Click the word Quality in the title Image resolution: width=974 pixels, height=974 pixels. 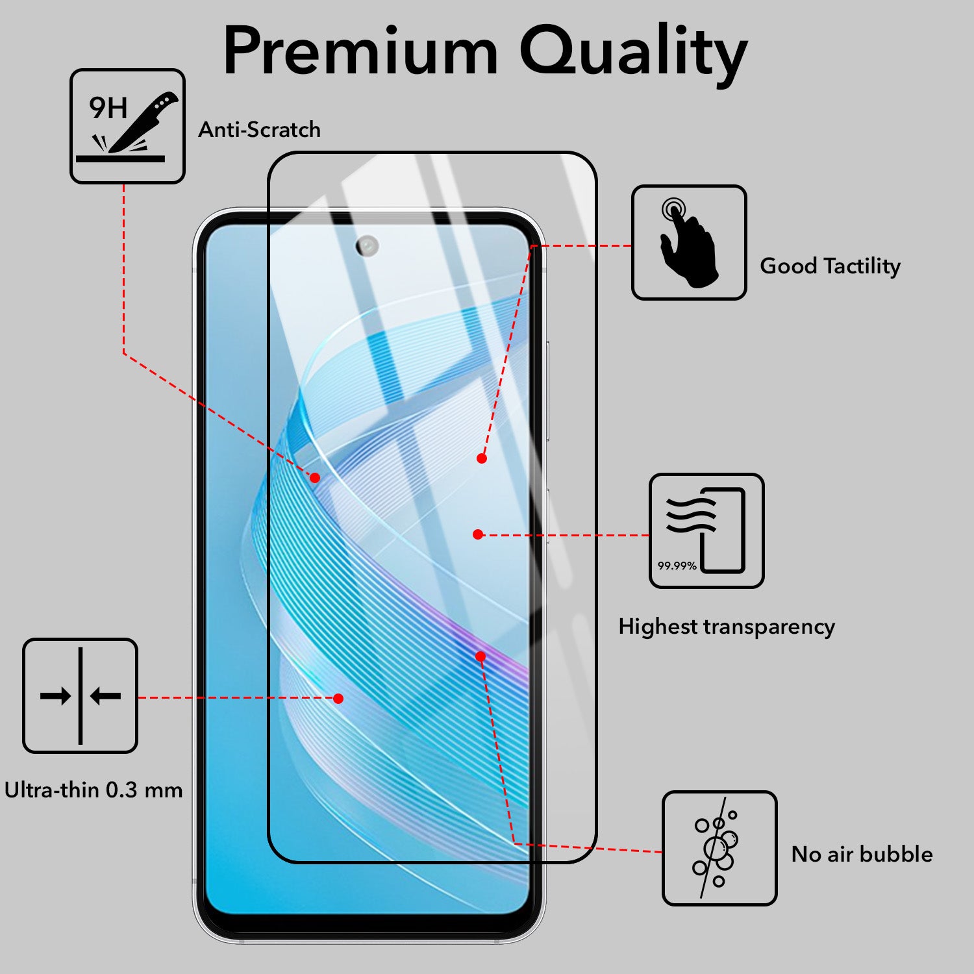pyautogui.click(x=634, y=55)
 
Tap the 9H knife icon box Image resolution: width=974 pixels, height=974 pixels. pyautogui.click(x=127, y=126)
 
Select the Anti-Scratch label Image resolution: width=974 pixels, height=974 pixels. pyautogui.click(x=259, y=129)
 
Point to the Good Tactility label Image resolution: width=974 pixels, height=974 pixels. pyautogui.click(x=830, y=266)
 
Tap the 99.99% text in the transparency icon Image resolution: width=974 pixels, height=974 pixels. pyautogui.click(x=677, y=566)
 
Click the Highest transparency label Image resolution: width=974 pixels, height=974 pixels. pyautogui.click(x=727, y=627)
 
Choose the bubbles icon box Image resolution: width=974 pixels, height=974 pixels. pyautogui.click(x=719, y=848)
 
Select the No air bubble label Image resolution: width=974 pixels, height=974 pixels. pyautogui.click(x=862, y=854)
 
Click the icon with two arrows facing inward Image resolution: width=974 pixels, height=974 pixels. pyautogui.click(x=81, y=695)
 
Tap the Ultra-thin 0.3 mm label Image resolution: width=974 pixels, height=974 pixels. pyautogui.click(x=94, y=790)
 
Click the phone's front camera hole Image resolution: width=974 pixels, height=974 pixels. pyautogui.click(x=367, y=245)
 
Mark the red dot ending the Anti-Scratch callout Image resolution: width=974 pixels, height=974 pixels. pyautogui.click(x=315, y=478)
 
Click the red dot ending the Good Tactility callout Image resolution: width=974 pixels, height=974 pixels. pyautogui.click(x=482, y=458)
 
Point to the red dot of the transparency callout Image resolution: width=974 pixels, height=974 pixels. pyautogui.click(x=479, y=534)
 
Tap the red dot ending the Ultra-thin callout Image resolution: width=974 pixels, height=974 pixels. pyautogui.click(x=338, y=699)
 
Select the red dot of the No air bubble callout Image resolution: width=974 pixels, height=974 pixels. pyautogui.click(x=481, y=656)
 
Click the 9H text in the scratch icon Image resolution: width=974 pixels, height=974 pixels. pyautogui.click(x=108, y=108)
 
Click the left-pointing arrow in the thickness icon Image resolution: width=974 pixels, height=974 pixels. pyautogui.click(x=106, y=697)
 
